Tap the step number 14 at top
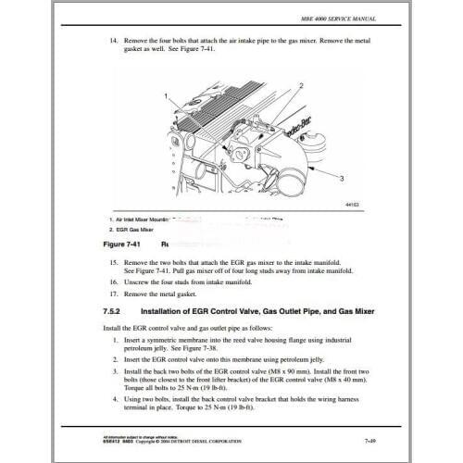click(114, 42)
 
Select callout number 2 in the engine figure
click(302, 85)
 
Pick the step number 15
click(114, 264)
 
